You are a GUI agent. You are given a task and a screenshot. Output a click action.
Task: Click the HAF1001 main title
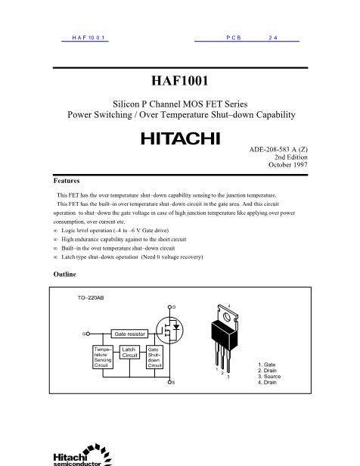pyautogui.click(x=180, y=79)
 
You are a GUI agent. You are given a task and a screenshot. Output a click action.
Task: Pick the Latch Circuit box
pyautogui.click(x=129, y=353)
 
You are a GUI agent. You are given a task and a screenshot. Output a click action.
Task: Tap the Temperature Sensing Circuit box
pyautogui.click(x=103, y=357)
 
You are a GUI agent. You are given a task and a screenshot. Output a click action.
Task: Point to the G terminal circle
pyautogui.click(x=88, y=333)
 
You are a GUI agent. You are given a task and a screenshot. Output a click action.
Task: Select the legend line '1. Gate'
pyautogui.click(x=267, y=364)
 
